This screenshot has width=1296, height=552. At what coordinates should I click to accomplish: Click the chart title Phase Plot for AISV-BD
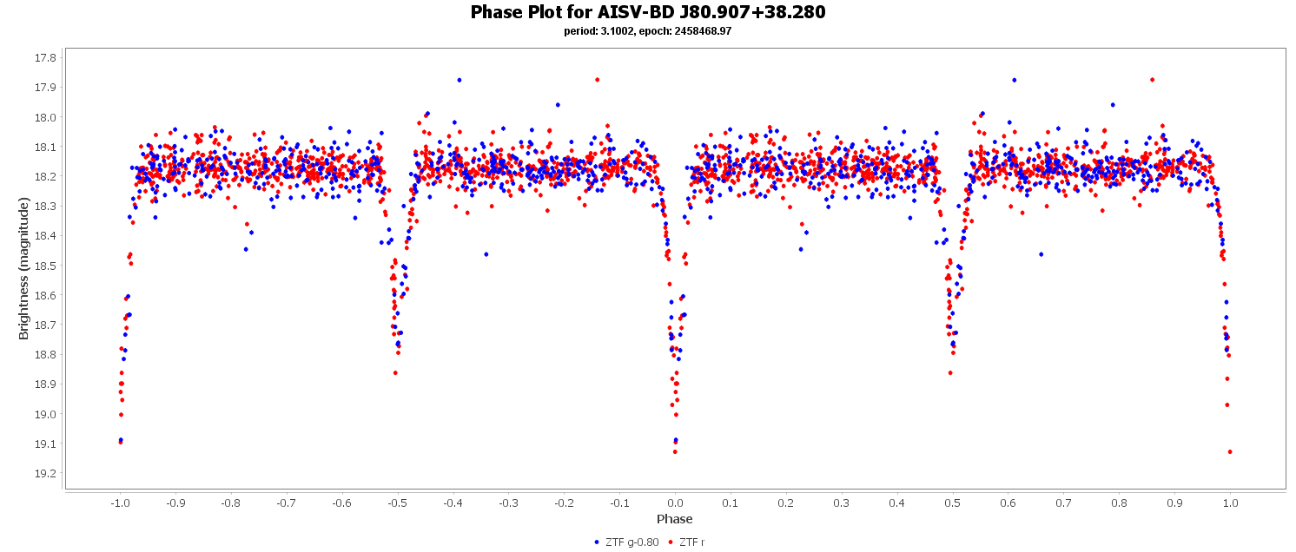[x=647, y=12]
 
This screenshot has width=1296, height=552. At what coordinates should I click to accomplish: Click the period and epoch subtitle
[x=647, y=31]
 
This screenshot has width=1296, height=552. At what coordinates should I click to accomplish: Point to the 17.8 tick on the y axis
[x=45, y=58]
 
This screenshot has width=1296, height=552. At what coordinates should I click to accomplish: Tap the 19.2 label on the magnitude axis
[x=45, y=474]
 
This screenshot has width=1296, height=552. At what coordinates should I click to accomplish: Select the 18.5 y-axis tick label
[x=45, y=266]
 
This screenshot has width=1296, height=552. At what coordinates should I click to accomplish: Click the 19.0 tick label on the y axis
[x=45, y=414]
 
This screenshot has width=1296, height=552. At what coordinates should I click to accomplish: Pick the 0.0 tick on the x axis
[x=675, y=503]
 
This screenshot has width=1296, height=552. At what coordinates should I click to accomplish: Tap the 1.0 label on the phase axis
[x=1230, y=503]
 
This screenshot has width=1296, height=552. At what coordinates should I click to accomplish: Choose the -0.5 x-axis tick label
[x=397, y=503]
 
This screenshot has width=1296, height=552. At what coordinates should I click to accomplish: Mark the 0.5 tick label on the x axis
[x=953, y=503]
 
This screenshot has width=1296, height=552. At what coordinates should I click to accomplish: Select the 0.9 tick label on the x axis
[x=1174, y=503]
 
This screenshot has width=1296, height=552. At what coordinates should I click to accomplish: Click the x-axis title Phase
[x=675, y=519]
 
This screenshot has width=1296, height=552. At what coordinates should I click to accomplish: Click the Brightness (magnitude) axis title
[x=24, y=268]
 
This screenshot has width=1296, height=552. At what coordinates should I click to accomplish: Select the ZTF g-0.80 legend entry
[x=626, y=542]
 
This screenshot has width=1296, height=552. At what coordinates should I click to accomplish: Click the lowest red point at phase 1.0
[x=1230, y=451]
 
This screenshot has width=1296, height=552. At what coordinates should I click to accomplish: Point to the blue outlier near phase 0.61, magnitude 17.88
[x=1014, y=80]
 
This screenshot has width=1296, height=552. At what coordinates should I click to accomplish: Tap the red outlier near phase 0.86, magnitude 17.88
[x=1152, y=80]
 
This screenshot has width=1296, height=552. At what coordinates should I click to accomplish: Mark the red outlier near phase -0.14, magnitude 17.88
[x=597, y=80]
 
